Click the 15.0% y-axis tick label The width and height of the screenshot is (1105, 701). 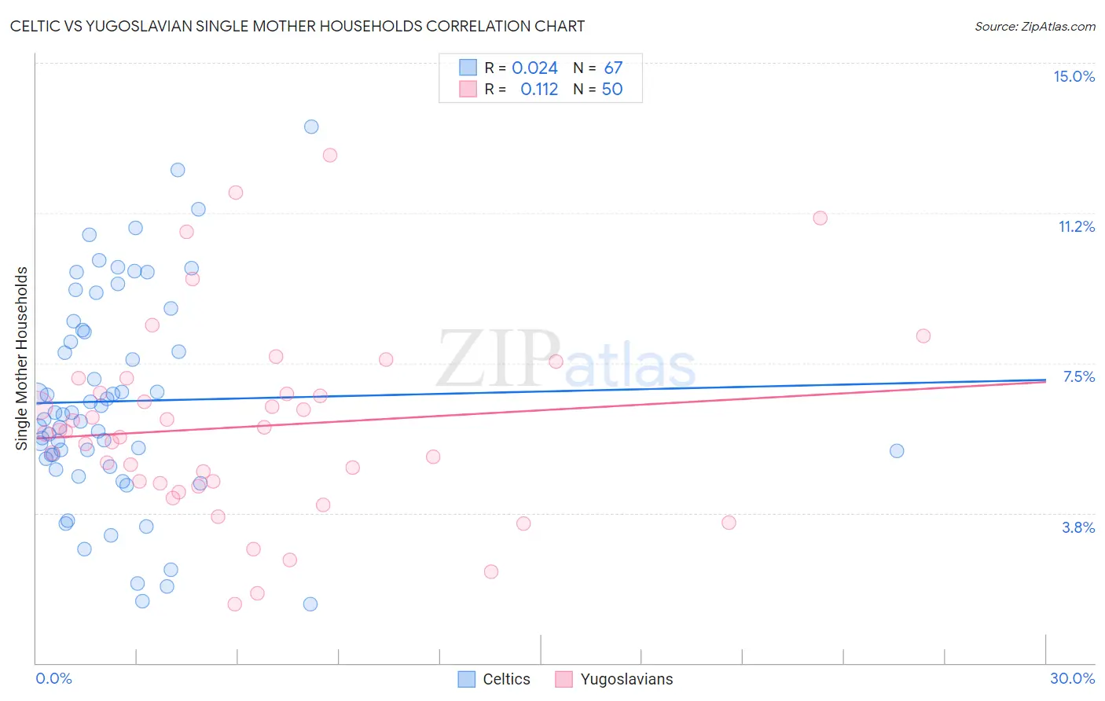[1074, 76]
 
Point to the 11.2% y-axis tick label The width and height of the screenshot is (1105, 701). [1076, 226]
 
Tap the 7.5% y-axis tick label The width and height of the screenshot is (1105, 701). [1078, 376]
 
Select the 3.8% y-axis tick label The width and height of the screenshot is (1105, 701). [1078, 527]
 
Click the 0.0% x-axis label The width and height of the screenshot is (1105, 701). [53, 678]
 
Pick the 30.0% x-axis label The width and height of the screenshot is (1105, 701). [1072, 678]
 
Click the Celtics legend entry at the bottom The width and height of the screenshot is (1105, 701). [506, 679]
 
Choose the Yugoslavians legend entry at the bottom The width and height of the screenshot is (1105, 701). [626, 679]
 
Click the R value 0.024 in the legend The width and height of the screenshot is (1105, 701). [534, 68]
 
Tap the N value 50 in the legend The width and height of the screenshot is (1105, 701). [611, 90]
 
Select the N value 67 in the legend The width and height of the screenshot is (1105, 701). [613, 68]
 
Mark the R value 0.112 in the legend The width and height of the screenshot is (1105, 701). [539, 90]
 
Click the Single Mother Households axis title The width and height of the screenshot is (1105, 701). [22, 358]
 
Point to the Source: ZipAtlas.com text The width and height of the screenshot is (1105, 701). [1034, 27]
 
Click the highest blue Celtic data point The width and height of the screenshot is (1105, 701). [311, 127]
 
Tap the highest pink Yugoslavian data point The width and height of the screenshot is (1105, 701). [330, 155]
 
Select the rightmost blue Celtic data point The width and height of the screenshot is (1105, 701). [897, 450]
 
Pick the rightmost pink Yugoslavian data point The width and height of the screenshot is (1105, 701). [923, 336]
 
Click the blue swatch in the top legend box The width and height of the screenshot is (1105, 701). [468, 68]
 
